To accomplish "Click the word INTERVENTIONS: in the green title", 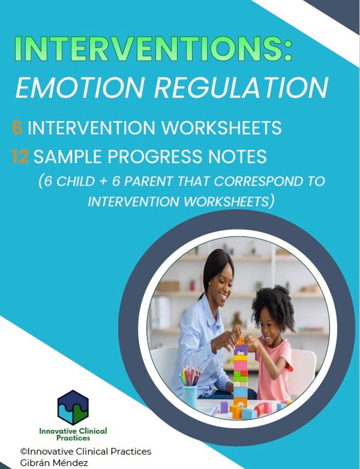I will [x=153, y=49].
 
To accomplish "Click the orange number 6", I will [x=17, y=128].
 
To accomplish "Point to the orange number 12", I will [x=20, y=157].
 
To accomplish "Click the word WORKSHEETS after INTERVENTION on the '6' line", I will [x=222, y=128].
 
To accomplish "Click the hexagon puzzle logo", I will [x=73, y=407].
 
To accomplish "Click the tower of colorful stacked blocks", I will [x=240, y=372].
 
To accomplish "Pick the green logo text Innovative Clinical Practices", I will [x=73, y=434].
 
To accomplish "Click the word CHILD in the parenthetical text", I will [x=72, y=181].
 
